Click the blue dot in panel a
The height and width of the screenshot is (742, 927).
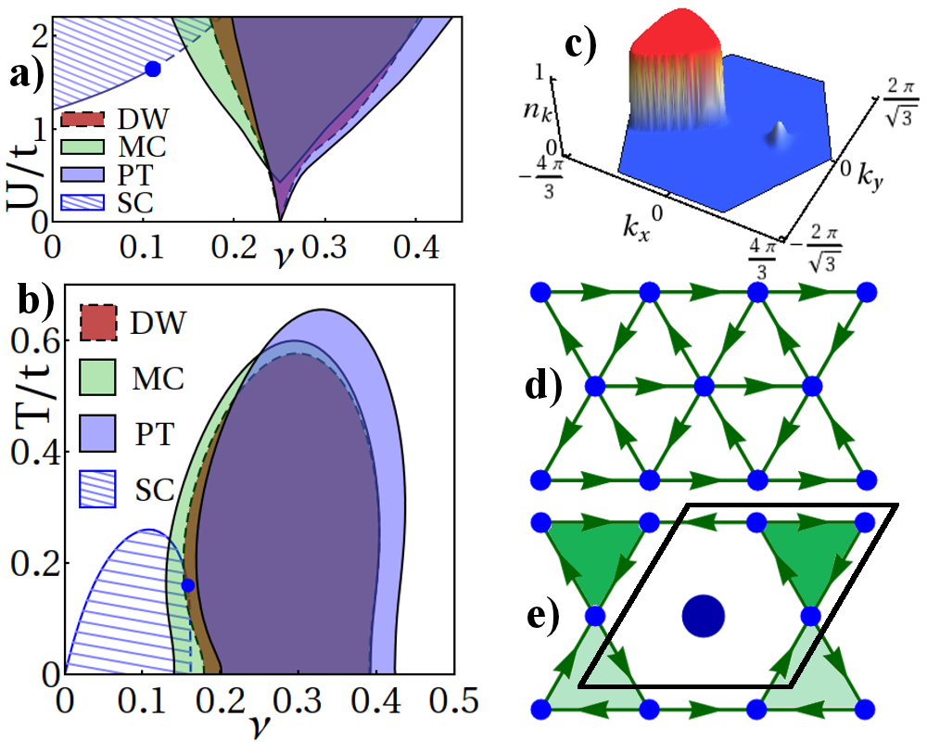tap(153, 69)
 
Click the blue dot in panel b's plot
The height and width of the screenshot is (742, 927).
tap(188, 585)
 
